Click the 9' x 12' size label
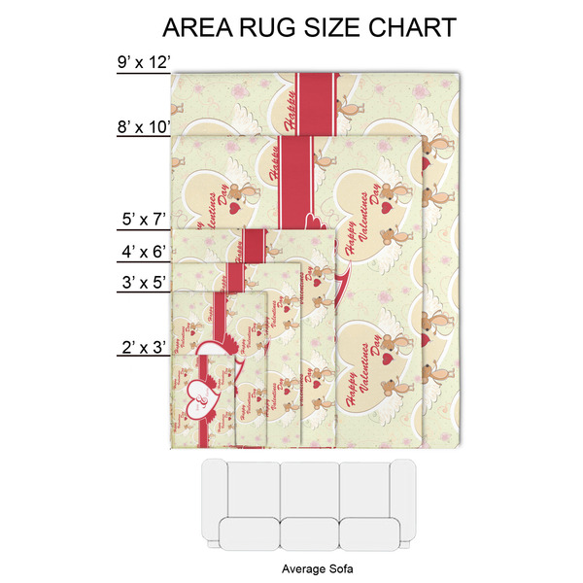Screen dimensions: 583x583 [143, 63]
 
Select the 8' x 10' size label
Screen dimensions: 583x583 [143, 126]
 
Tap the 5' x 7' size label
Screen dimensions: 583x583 [144, 221]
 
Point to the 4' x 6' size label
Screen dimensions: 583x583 [144, 252]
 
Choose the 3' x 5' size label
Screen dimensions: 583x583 [144, 283]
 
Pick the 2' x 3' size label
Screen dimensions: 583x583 [144, 346]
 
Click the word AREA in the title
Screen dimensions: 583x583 [201, 26]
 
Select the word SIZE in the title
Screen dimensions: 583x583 [342, 26]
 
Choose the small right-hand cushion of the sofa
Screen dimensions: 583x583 [369, 533]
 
